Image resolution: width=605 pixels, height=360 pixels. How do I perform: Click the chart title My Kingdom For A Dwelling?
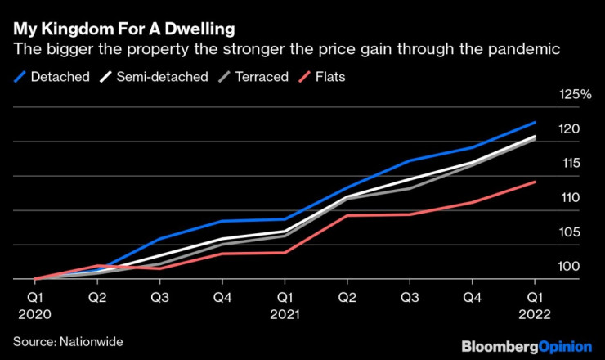pyautogui.click(x=123, y=29)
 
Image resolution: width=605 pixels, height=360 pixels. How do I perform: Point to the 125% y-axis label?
pyautogui.click(x=574, y=96)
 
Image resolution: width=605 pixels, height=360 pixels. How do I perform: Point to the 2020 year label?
pyautogui.click(x=34, y=313)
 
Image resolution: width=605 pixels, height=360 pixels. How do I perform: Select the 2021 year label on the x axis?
pyautogui.click(x=285, y=313)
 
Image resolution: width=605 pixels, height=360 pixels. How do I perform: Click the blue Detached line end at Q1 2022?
pyautogui.click(x=535, y=123)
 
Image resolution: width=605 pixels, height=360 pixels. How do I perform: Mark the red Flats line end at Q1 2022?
pyautogui.click(x=535, y=182)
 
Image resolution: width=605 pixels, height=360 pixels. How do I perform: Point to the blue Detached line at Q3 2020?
pyautogui.click(x=159, y=238)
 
